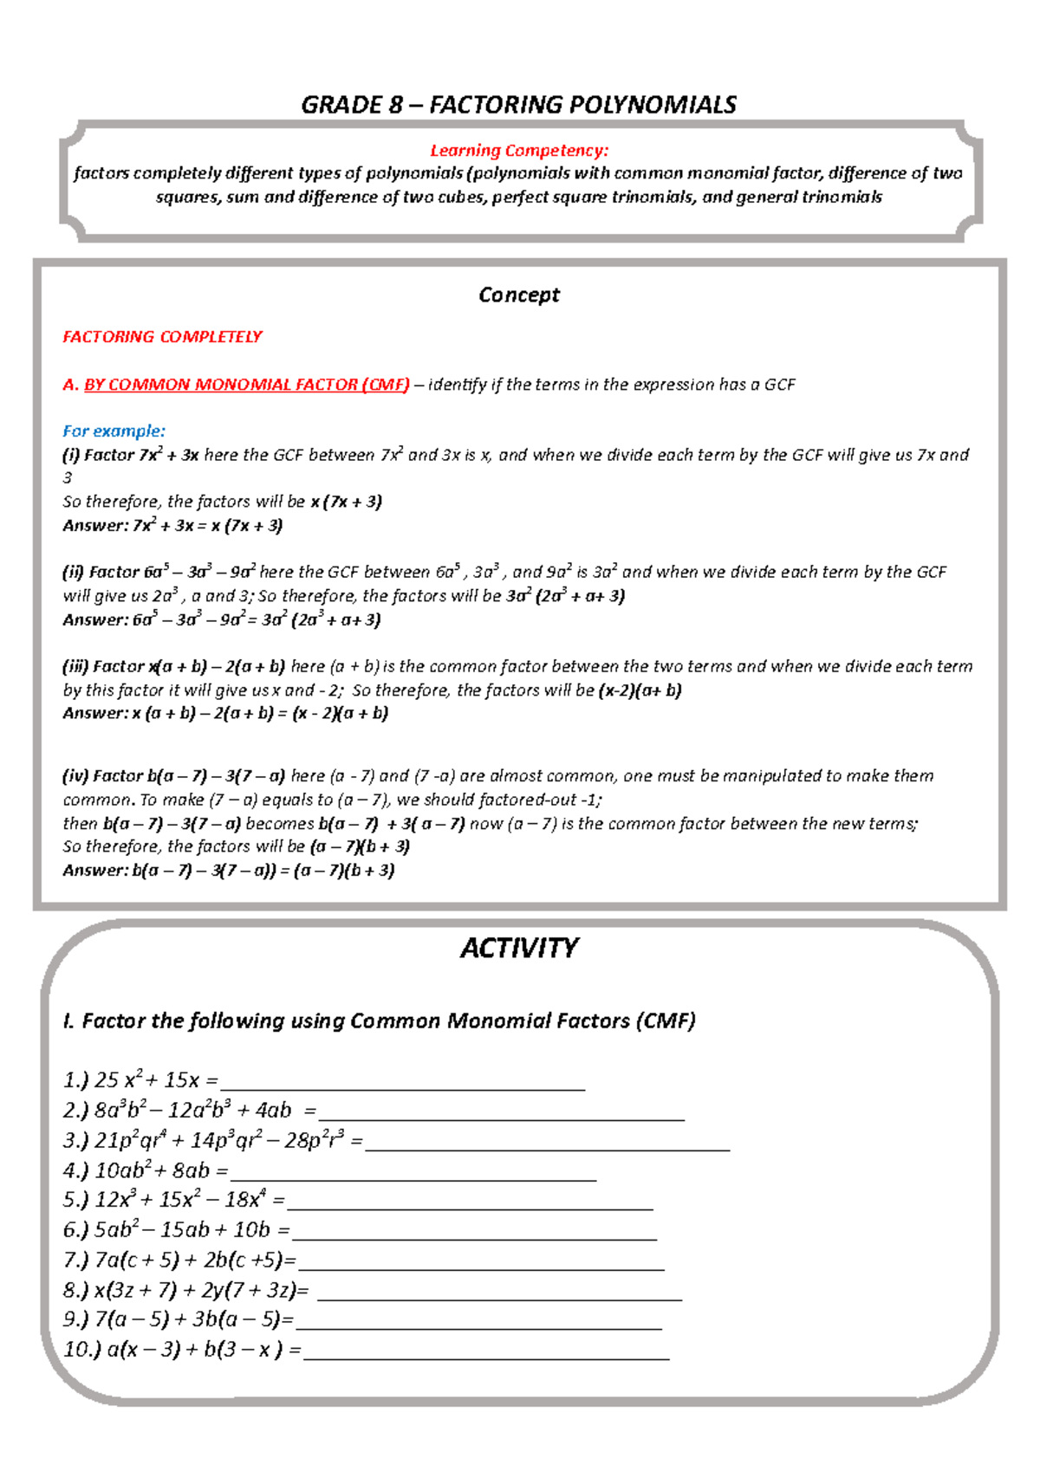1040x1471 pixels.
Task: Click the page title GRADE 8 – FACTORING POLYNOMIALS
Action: tap(518, 105)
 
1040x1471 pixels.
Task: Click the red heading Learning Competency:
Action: tap(518, 151)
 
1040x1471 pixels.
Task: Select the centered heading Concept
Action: tap(518, 295)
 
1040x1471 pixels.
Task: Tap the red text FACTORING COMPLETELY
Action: tap(162, 336)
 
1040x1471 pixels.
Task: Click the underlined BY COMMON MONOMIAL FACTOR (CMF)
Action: tap(246, 385)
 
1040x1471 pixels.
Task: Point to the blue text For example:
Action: tap(114, 431)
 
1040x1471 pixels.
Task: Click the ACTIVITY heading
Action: tap(518, 948)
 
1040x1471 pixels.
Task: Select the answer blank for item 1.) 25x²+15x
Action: tap(403, 1083)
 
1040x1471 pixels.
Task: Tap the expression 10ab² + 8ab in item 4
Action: tap(153, 1170)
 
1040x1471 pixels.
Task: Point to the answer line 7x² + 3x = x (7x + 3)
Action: tap(173, 525)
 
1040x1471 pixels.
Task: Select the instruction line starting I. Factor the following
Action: tap(379, 1021)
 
